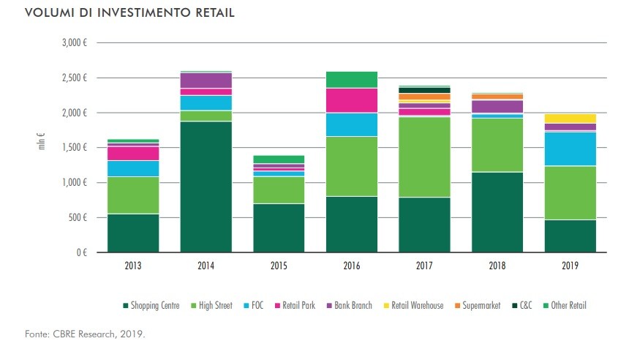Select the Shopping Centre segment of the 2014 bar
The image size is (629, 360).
(206, 187)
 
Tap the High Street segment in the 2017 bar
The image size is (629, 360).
(425, 157)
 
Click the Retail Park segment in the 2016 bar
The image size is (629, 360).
(352, 100)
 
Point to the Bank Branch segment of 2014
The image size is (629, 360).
(206, 80)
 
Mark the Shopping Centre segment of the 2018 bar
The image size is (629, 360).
(498, 212)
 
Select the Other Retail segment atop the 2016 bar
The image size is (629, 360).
(352, 79)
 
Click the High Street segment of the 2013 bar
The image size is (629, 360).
(132, 195)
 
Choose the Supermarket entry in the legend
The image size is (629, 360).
(478, 305)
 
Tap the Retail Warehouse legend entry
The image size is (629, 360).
(417, 305)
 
